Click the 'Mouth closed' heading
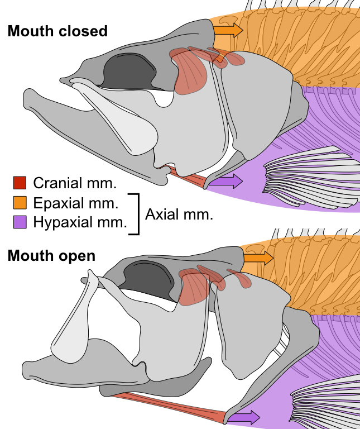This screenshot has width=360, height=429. (57, 31)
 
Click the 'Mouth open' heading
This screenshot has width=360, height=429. (51, 256)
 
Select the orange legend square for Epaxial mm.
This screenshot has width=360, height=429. (20, 202)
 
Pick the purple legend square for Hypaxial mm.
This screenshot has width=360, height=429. (20, 222)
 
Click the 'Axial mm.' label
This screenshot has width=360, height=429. (179, 214)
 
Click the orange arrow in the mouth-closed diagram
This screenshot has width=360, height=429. (228, 30)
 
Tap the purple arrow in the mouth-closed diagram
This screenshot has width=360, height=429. (229, 180)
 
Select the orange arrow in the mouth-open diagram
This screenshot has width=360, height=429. (259, 258)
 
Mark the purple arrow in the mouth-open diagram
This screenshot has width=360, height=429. (246, 417)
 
